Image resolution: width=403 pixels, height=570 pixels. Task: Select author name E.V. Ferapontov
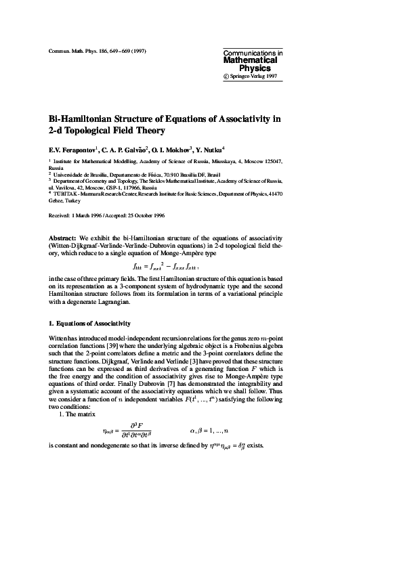coord(72,150)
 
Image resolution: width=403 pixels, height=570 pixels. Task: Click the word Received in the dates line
coord(61,215)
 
